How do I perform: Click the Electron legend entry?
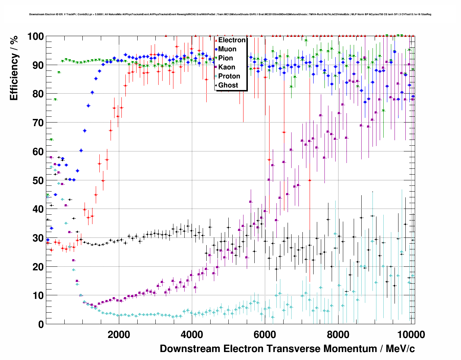pyautogui.click(x=232, y=40)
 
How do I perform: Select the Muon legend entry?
pyautogui.click(x=227, y=49)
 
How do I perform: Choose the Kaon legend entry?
pyautogui.click(x=227, y=67)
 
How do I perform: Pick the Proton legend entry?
pyautogui.click(x=229, y=76)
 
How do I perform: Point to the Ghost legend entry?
pyautogui.click(x=228, y=85)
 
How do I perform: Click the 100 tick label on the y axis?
pyautogui.click(x=35, y=37)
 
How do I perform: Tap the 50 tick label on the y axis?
pyautogui.click(x=38, y=180)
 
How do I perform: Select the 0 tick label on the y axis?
pyautogui.click(x=40, y=324)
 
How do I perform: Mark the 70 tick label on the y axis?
pyautogui.click(x=38, y=123)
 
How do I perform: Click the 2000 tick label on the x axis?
pyautogui.click(x=119, y=335)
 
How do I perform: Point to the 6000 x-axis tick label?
pyautogui.click(x=265, y=335)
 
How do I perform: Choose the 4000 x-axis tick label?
pyautogui.click(x=192, y=335)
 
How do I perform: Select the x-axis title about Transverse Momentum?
pyautogui.click(x=287, y=349)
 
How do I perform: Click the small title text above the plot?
pyautogui.click(x=230, y=14)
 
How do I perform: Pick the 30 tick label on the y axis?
pyautogui.click(x=38, y=238)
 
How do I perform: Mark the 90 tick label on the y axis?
pyautogui.click(x=38, y=65)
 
